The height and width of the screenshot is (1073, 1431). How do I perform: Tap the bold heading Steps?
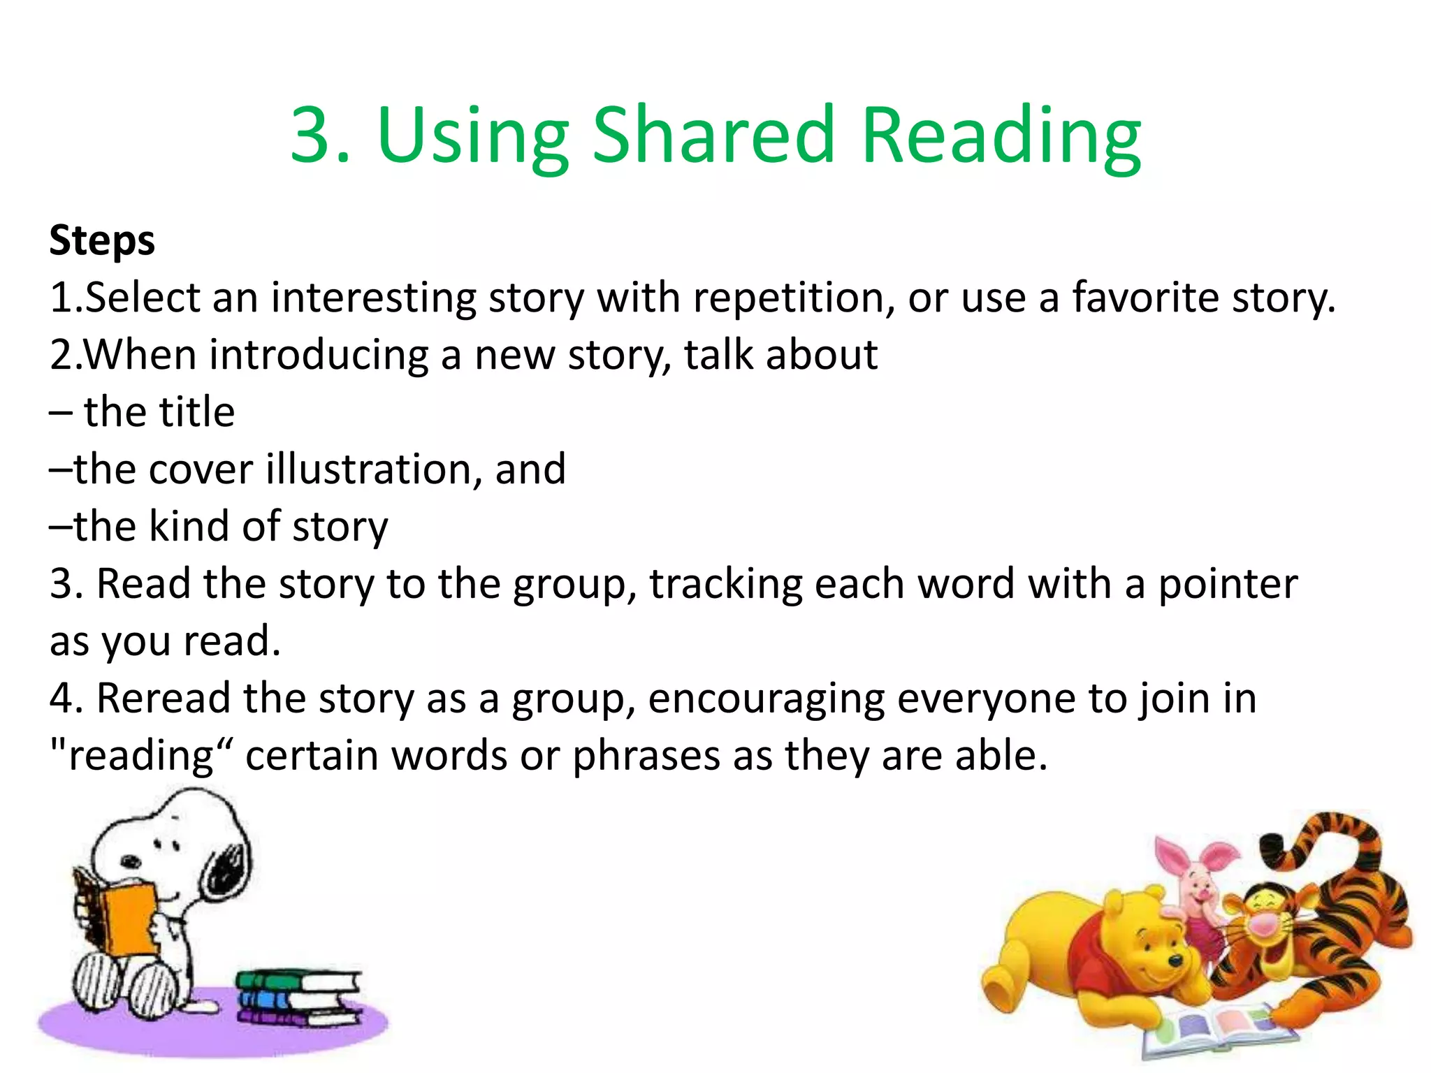pos(102,241)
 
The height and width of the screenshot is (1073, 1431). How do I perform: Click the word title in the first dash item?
pos(194,412)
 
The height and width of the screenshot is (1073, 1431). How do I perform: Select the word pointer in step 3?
pos(1228,585)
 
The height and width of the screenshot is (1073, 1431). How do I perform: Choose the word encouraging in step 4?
pos(766,699)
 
